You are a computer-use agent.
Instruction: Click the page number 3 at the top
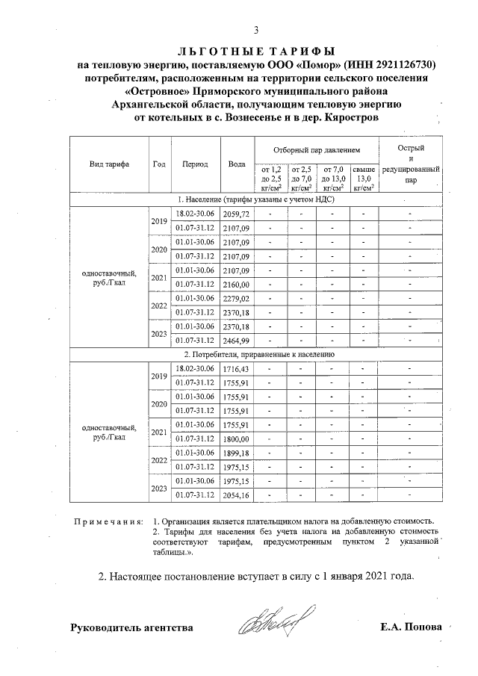pyautogui.click(x=255, y=31)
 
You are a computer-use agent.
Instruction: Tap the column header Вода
pyautogui.click(x=236, y=164)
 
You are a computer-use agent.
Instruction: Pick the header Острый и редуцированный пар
pyautogui.click(x=410, y=164)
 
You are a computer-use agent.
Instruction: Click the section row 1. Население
pyautogui.click(x=255, y=200)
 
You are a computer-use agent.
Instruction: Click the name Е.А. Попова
pyautogui.click(x=411, y=627)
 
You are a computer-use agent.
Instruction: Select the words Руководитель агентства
pyautogui.click(x=131, y=627)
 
